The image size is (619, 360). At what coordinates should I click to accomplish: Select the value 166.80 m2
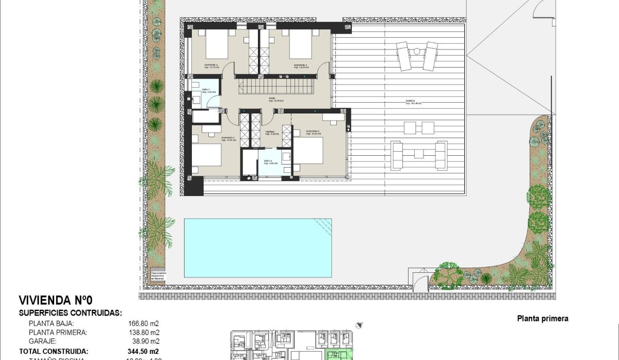143,323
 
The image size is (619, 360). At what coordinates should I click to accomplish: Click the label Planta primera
542,319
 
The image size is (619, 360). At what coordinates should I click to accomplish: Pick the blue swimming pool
257,248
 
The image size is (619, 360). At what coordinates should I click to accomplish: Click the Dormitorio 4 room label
209,66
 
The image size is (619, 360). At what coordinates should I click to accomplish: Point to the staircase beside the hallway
276,85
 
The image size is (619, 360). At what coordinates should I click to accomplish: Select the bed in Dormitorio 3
206,157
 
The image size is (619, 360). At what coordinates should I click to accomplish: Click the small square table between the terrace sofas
417,153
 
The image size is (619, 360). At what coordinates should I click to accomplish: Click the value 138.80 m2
143,333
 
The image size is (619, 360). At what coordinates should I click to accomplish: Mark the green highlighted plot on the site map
337,354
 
